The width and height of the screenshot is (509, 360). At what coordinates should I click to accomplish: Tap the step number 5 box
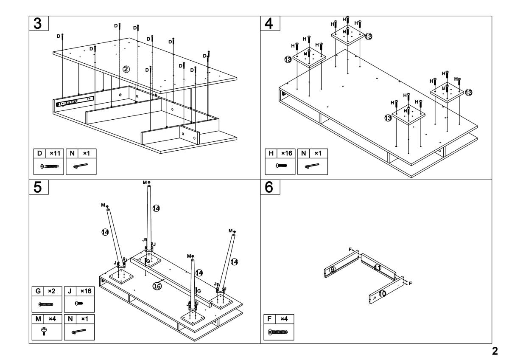[x=38, y=187]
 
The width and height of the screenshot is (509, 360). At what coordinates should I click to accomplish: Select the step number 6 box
[x=269, y=187]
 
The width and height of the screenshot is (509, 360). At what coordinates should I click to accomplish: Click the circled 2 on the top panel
[x=126, y=69]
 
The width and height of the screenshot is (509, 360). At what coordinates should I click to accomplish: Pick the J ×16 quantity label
[x=79, y=291]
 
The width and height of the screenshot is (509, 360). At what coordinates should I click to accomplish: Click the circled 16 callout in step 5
[x=157, y=286]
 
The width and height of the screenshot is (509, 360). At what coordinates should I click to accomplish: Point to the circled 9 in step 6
[x=333, y=270]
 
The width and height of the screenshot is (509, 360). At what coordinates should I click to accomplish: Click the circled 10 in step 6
[x=382, y=293]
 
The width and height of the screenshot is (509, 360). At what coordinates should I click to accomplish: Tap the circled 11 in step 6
[x=378, y=267]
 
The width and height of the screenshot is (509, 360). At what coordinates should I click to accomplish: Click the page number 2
[x=494, y=351]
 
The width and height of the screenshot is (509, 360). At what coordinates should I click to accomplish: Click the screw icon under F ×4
[x=278, y=332]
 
